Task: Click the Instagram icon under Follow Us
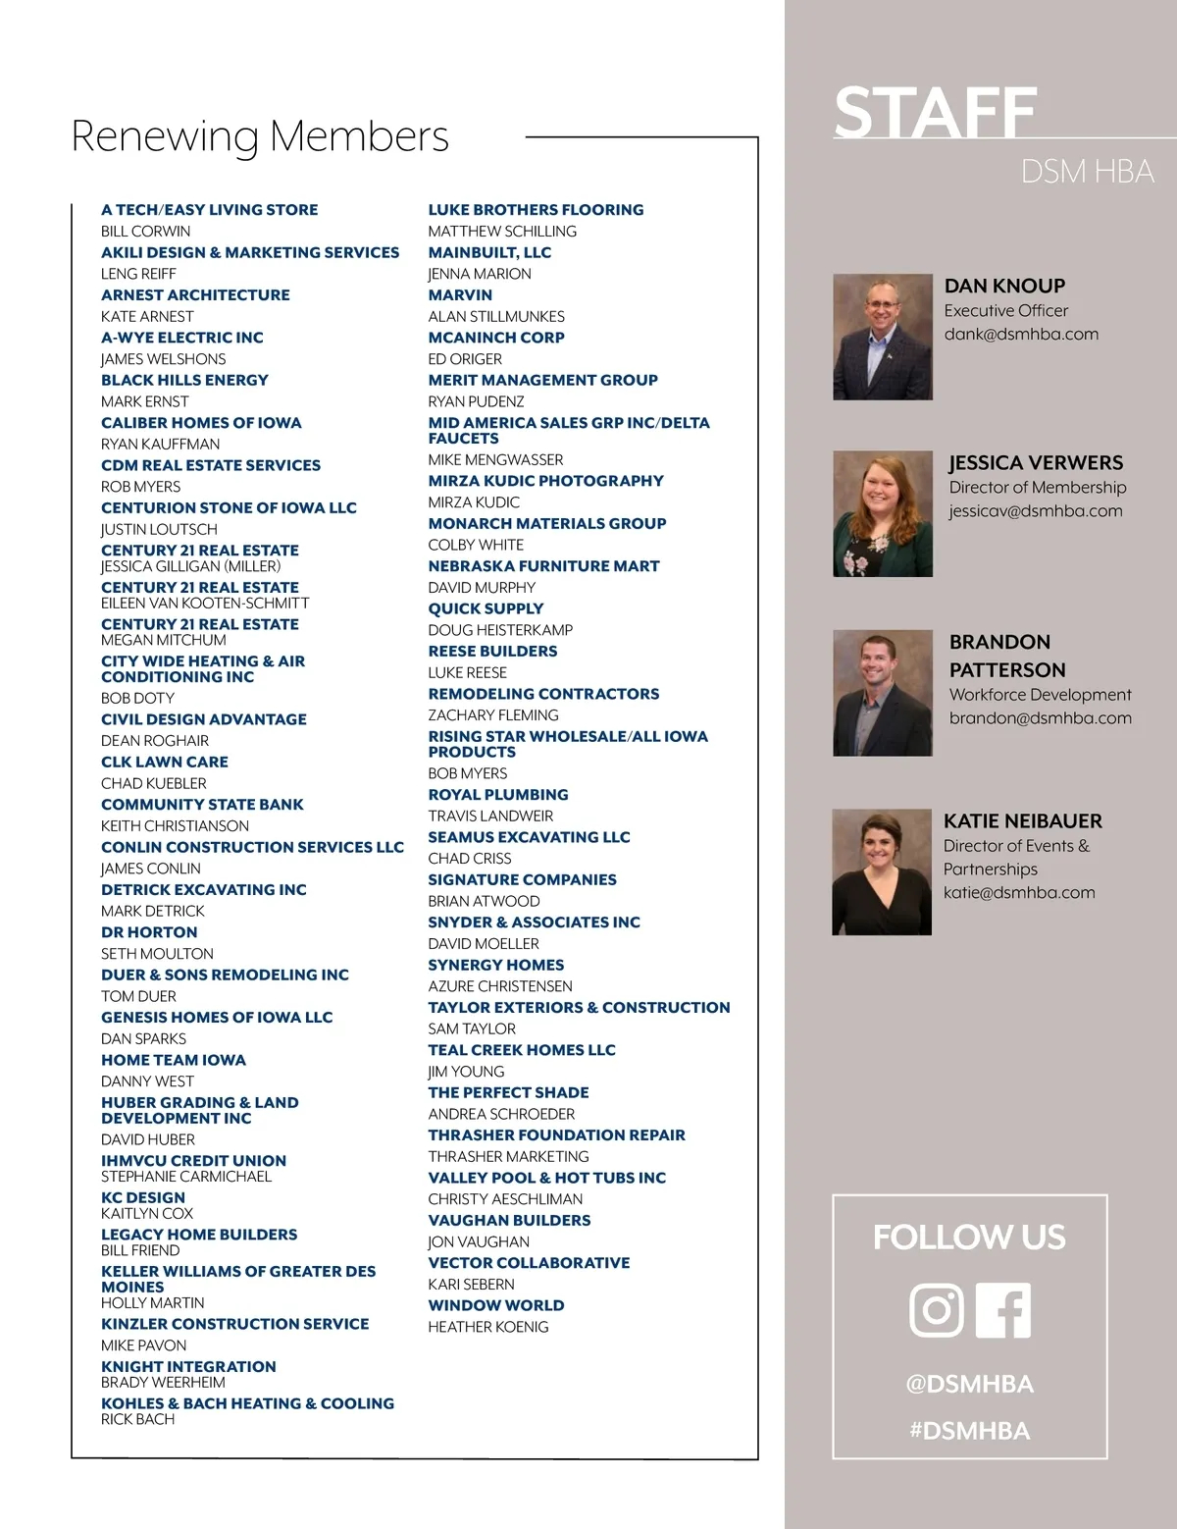point(937,1309)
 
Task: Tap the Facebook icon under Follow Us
point(1003,1309)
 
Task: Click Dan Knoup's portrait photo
point(882,337)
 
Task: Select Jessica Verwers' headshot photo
point(882,513)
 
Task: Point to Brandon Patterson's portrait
point(882,693)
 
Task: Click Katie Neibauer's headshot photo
point(881,871)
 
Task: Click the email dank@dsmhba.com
point(1021,334)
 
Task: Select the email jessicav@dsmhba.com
point(1035,510)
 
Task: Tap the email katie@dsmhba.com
point(1019,892)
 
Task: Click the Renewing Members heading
point(260,135)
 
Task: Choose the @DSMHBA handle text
point(969,1384)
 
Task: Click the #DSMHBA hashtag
point(969,1430)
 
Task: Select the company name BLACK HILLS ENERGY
point(184,380)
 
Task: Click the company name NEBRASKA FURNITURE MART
point(543,565)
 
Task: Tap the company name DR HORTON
point(149,931)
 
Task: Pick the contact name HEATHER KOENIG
point(487,1326)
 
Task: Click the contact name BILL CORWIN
point(145,231)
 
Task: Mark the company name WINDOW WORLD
point(495,1305)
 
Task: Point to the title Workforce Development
point(1040,694)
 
